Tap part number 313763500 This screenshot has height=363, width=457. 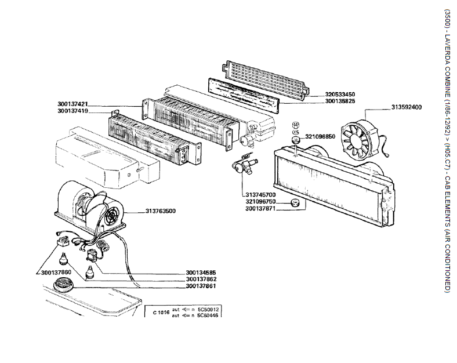[x=157, y=212]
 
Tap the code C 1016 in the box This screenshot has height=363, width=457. [x=161, y=313]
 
